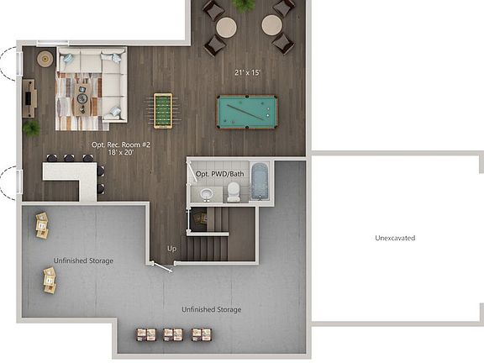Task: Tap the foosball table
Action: click(x=163, y=110)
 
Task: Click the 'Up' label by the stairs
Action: click(x=171, y=249)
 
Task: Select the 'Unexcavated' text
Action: click(x=395, y=238)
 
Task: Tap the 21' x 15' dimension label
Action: click(x=248, y=73)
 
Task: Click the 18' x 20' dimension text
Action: click(x=121, y=153)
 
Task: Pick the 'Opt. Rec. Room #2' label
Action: click(x=121, y=145)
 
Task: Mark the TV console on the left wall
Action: click(x=29, y=98)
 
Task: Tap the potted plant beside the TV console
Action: click(x=32, y=128)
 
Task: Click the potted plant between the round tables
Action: click(x=245, y=5)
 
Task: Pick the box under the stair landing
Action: click(x=200, y=218)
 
